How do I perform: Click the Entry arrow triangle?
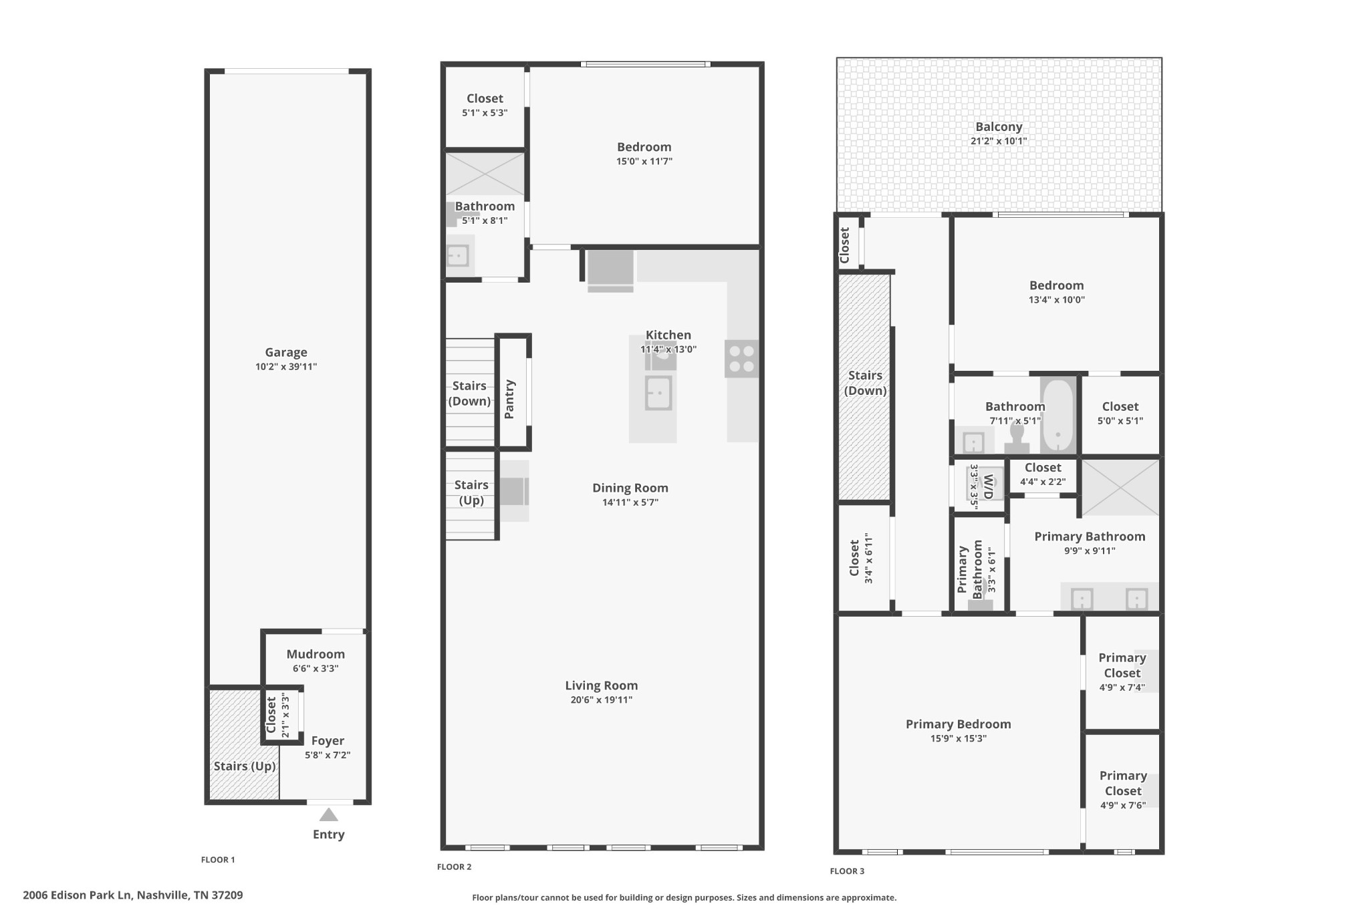click(328, 814)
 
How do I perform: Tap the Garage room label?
click(286, 352)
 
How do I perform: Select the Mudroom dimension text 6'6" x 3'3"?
click(316, 668)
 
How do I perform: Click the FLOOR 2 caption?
click(455, 867)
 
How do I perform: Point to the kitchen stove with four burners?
click(741, 359)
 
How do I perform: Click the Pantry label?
click(509, 399)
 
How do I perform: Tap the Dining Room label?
click(630, 488)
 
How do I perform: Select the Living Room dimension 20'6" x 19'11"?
click(602, 700)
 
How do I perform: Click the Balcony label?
click(999, 126)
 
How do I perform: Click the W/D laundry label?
click(989, 486)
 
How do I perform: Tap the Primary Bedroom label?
click(958, 724)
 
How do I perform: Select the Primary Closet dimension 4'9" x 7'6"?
click(1123, 805)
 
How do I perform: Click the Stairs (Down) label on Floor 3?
click(865, 383)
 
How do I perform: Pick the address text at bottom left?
click(133, 895)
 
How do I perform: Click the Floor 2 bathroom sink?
click(458, 255)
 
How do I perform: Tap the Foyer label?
click(328, 740)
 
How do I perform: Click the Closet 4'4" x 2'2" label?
click(1043, 468)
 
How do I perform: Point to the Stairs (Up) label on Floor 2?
click(471, 492)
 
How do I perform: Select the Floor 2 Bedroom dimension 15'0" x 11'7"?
click(644, 161)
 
